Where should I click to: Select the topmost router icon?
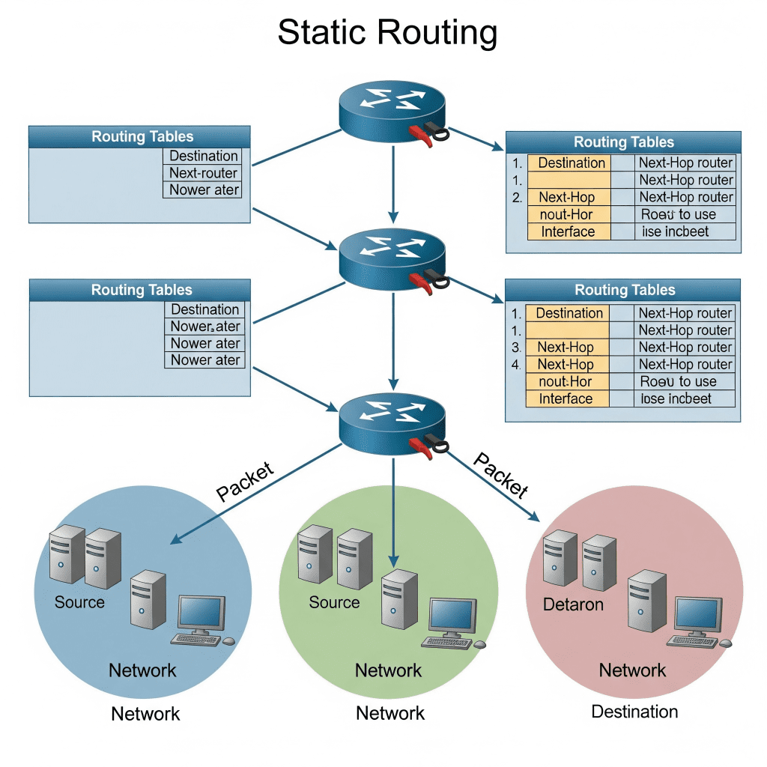(x=392, y=112)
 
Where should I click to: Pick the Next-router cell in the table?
(x=203, y=173)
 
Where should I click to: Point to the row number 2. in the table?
(x=517, y=198)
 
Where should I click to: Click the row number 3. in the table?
(x=516, y=348)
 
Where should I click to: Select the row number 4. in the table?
(x=516, y=365)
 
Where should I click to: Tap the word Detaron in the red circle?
(x=573, y=604)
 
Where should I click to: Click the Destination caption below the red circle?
(x=634, y=712)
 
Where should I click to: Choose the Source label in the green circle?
(x=334, y=603)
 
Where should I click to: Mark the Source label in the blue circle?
(x=79, y=603)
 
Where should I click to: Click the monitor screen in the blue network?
(x=201, y=613)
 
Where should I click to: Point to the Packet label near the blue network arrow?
(x=245, y=481)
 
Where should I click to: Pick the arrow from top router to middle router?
(x=393, y=184)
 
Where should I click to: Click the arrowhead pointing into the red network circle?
(x=534, y=517)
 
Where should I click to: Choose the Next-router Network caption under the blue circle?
(x=145, y=714)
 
